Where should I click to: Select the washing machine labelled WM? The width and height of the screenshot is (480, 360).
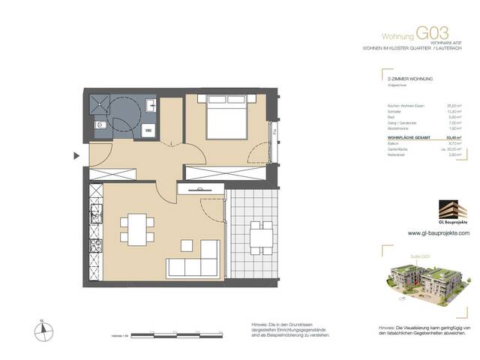point(148,130)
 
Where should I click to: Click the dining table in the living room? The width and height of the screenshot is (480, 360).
point(136,228)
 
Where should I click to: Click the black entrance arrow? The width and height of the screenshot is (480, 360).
point(76,156)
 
